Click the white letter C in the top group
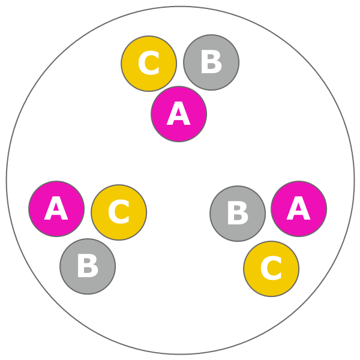click(x=149, y=64)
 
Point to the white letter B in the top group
click(x=211, y=62)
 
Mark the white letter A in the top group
click(x=179, y=114)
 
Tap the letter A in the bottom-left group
click(x=56, y=209)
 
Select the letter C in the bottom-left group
click(x=119, y=212)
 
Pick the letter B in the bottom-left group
click(x=88, y=266)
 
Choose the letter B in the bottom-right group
click(x=238, y=214)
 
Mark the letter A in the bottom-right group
click(x=299, y=209)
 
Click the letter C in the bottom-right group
click(x=271, y=269)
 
